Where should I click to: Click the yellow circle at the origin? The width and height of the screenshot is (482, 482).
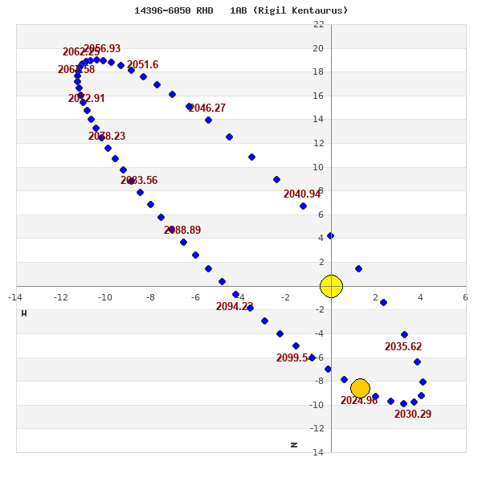[331, 286]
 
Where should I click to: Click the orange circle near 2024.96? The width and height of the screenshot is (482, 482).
[360, 389]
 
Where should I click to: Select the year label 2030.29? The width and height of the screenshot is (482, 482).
[413, 415]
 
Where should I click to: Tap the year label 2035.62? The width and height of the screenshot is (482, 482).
[403, 347]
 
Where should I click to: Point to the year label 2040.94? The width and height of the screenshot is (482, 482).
[302, 194]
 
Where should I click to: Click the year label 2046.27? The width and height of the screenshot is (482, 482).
[207, 108]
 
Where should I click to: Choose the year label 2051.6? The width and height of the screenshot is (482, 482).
[143, 65]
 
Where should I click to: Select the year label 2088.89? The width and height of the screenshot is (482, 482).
[182, 231]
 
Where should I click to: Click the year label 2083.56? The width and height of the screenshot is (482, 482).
[139, 181]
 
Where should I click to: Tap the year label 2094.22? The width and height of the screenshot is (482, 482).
[235, 307]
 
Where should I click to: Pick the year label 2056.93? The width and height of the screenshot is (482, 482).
[102, 49]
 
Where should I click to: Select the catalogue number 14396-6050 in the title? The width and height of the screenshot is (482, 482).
[162, 10]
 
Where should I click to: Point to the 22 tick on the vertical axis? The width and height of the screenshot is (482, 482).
[319, 24]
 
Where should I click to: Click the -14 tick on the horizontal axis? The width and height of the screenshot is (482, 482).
[15, 297]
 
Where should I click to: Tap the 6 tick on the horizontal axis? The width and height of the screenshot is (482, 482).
[465, 297]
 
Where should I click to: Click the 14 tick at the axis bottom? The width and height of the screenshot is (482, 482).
[319, 452]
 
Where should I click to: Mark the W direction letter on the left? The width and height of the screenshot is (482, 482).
[24, 313]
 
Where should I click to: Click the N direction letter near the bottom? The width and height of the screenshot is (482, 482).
[294, 445]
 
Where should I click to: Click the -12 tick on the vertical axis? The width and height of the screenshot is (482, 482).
[317, 428]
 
